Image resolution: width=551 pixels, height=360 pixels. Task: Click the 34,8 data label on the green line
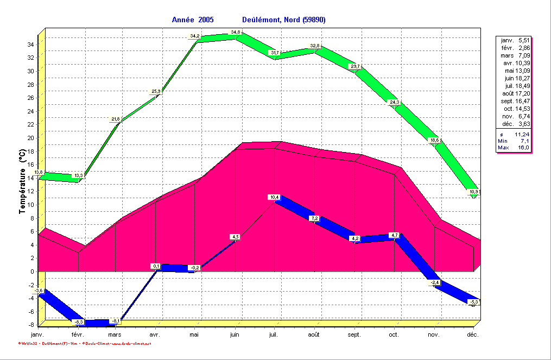pos(236,33)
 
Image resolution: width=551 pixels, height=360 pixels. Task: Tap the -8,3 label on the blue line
pos(79,322)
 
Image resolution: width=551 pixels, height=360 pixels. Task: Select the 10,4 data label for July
pos(274,197)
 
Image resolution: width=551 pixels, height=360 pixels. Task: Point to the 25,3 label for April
pos(156,91)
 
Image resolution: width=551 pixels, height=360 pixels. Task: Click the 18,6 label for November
pos(435,140)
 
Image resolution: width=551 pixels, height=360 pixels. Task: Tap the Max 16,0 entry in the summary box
pos(514,148)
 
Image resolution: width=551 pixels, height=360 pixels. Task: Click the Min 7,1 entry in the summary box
pos(514,141)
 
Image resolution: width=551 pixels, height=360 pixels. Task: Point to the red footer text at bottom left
pos(84,344)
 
